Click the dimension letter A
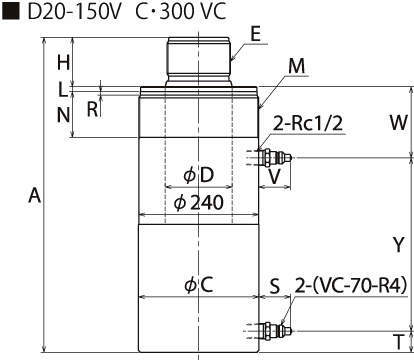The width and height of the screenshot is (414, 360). (35, 196)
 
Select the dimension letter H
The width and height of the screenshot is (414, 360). (63, 63)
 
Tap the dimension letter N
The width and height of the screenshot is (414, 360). (63, 115)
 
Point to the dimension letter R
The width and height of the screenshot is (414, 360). (93, 109)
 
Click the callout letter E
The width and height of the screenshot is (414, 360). (255, 34)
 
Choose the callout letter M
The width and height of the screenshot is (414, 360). (297, 66)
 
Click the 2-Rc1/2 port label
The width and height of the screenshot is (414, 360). (308, 124)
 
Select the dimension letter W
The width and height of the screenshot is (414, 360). (399, 122)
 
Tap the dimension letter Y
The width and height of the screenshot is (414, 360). (399, 245)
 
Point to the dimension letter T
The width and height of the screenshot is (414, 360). (398, 341)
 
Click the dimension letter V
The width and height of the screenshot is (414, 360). (274, 177)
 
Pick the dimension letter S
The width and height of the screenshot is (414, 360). (275, 286)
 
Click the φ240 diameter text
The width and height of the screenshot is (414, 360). (199, 203)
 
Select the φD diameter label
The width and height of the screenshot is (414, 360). (199, 175)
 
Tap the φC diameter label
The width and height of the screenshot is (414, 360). (199, 285)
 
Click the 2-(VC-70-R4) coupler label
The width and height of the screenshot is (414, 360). (351, 285)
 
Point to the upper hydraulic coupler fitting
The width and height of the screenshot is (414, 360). (275, 157)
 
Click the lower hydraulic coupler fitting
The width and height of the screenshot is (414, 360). (275, 331)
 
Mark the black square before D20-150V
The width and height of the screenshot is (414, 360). (11, 11)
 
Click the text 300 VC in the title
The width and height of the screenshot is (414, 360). (193, 11)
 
